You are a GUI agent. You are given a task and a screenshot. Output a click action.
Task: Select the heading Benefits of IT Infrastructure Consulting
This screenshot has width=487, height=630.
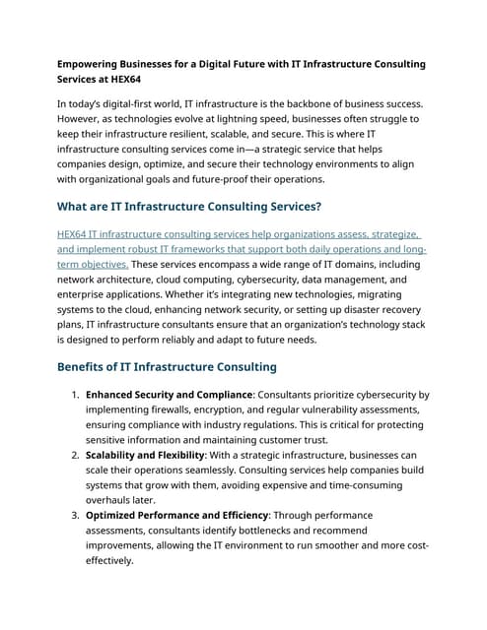(167, 367)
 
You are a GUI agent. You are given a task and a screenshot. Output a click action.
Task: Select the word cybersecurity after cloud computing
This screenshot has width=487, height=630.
(280, 281)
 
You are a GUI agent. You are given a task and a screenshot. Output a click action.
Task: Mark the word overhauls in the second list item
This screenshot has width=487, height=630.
(114, 500)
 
